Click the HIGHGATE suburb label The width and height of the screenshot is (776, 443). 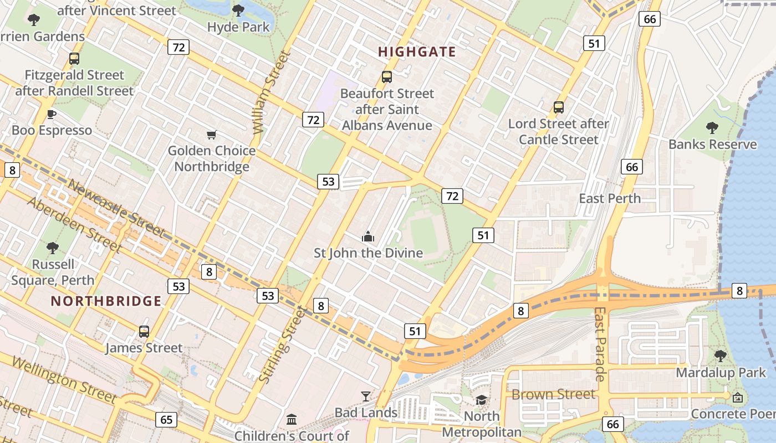click(x=417, y=52)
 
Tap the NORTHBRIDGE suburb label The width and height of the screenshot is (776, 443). click(x=106, y=301)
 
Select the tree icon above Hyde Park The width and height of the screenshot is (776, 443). click(x=238, y=11)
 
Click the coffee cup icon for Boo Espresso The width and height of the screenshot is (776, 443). click(x=52, y=115)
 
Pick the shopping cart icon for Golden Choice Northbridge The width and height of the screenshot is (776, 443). click(x=211, y=135)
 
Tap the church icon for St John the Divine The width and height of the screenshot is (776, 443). click(x=368, y=237)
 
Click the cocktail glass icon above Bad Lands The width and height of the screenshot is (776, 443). click(x=366, y=396)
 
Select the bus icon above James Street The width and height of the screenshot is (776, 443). click(x=144, y=332)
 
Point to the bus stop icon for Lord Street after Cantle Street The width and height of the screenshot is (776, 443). click(x=559, y=107)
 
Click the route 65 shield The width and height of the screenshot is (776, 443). click(x=166, y=419)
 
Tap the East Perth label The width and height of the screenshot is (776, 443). click(x=609, y=198)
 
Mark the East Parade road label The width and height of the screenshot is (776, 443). click(x=600, y=344)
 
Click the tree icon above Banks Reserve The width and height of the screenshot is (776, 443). click(x=712, y=128)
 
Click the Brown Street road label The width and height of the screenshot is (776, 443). click(x=553, y=394)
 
